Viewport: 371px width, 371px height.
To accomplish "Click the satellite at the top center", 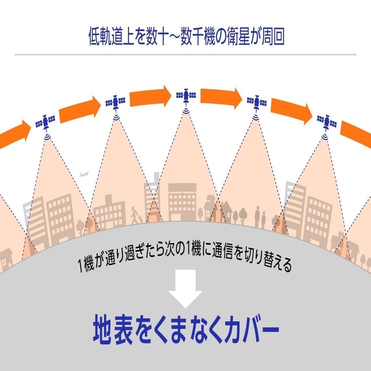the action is pyautogui.click(x=186, y=96).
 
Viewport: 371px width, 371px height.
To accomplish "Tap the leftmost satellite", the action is pyautogui.click(x=46, y=122).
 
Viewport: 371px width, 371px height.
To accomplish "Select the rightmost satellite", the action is pyautogui.click(x=327, y=122).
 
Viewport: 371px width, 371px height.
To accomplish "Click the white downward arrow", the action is pyautogui.click(x=185, y=289).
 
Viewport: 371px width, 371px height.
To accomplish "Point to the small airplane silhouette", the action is pyautogui.click(x=84, y=174).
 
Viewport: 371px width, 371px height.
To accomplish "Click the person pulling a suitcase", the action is pyautogui.click(x=135, y=216).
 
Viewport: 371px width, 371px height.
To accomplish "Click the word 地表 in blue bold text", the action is pyautogui.click(x=113, y=329).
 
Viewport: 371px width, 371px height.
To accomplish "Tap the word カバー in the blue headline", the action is pyautogui.click(x=252, y=329).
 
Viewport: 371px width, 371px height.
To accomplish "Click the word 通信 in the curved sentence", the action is pyautogui.click(x=222, y=250).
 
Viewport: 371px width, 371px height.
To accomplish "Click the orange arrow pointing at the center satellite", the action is pyautogui.click(x=150, y=97).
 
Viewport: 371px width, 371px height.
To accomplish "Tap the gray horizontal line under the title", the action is pyautogui.click(x=185, y=55).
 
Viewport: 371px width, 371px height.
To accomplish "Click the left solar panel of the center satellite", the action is pyautogui.click(x=179, y=95).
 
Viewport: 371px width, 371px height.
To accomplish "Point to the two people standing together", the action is pyautogui.click(x=260, y=217).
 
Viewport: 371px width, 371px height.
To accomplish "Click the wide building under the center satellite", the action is pyautogui.click(x=182, y=202).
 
